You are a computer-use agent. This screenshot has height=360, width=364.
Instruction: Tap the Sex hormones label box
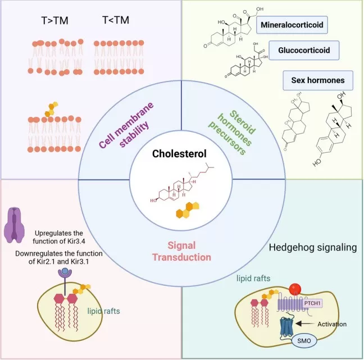[317, 80]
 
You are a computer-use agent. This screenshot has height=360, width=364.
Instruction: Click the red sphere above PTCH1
[297, 290]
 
